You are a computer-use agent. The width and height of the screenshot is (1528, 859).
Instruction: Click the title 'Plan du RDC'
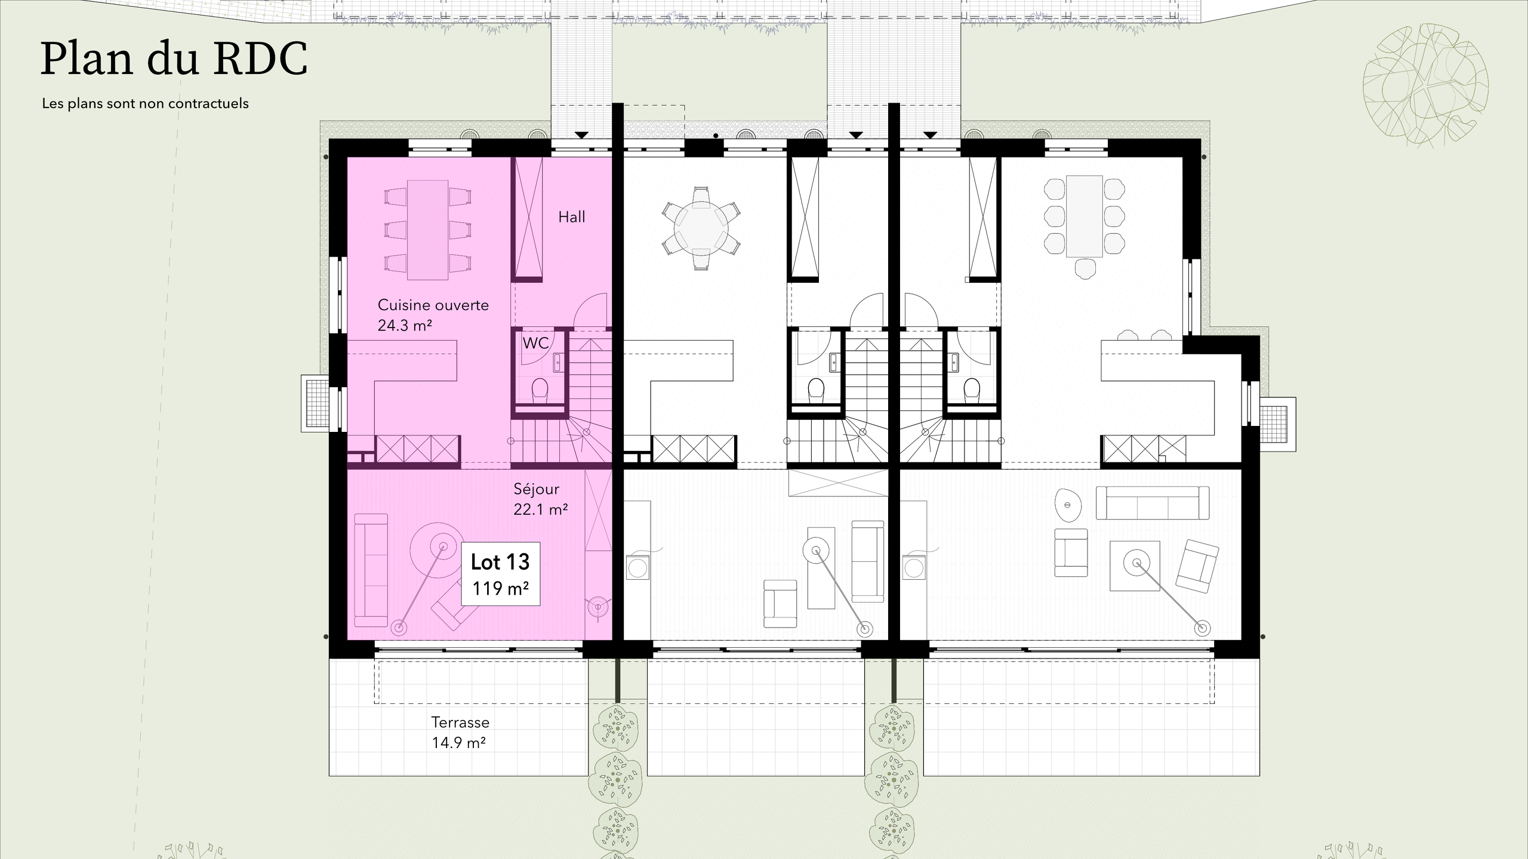(x=174, y=60)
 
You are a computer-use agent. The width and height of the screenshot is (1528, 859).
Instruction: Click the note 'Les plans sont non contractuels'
(x=145, y=104)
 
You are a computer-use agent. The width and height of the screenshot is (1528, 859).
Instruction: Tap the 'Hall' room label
(x=571, y=217)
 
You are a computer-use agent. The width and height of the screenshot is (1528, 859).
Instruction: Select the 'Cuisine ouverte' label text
(x=433, y=305)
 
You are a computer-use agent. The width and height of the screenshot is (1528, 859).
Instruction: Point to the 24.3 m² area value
(x=405, y=326)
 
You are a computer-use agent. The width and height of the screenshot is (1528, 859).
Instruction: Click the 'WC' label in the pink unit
(x=535, y=344)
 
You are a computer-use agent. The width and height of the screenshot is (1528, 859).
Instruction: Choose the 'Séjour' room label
(x=536, y=489)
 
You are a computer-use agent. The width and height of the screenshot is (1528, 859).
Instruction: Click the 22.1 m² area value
(x=540, y=509)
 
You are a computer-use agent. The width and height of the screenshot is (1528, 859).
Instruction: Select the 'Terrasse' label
(x=460, y=722)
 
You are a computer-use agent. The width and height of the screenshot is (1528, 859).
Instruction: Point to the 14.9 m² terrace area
(x=458, y=743)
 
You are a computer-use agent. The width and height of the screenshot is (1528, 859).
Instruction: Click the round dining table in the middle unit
(x=701, y=228)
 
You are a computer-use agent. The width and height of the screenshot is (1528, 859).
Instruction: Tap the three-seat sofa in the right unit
(x=1153, y=503)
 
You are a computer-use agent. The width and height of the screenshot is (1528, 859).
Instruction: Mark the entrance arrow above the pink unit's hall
(x=582, y=135)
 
